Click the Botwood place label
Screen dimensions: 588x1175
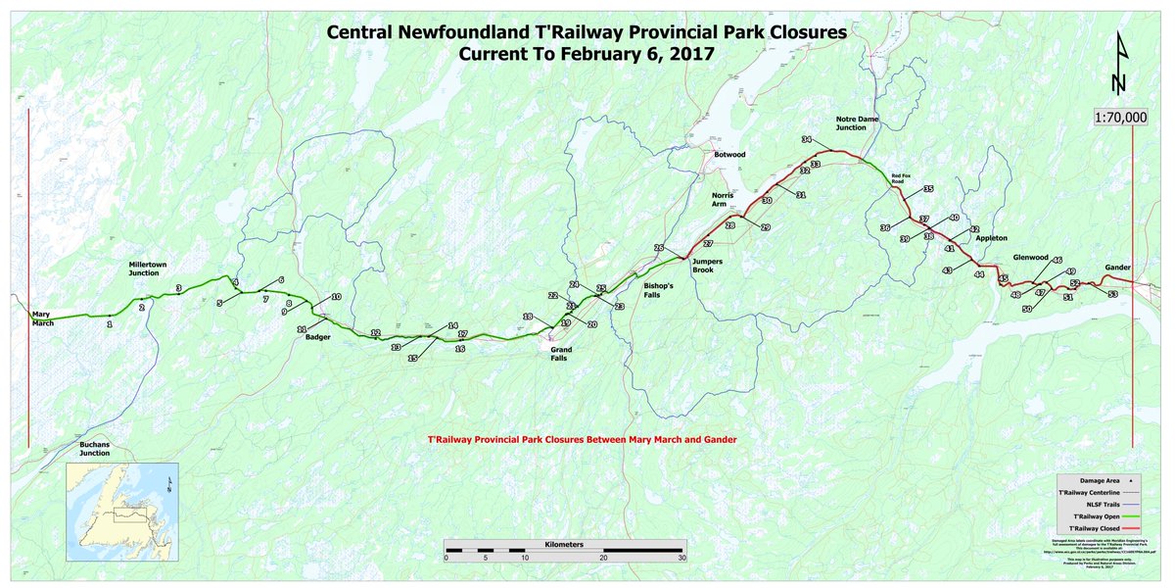point(729,155)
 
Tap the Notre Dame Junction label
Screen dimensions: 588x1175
point(851,122)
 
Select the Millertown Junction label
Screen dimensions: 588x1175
point(150,269)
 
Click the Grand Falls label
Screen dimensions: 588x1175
point(561,354)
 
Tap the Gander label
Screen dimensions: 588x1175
point(1117,268)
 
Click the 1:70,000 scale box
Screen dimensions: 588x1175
point(1121,117)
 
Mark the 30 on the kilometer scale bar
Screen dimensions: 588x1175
point(682,558)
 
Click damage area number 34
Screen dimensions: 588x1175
point(807,140)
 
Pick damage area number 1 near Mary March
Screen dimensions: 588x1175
point(110,322)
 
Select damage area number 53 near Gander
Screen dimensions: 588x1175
point(1112,293)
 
